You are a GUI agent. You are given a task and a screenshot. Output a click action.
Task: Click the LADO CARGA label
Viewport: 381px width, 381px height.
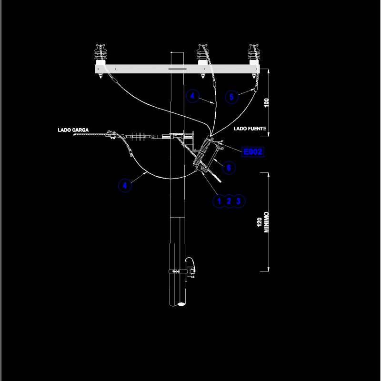click(73, 130)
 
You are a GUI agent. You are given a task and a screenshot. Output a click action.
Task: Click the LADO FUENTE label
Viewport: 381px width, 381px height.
click(250, 129)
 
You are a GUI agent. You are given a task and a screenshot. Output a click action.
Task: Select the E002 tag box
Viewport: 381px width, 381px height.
click(252, 152)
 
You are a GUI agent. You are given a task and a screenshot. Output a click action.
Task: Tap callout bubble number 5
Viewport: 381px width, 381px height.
click(231, 97)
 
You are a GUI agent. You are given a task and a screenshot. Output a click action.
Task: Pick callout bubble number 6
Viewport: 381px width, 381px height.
click(229, 168)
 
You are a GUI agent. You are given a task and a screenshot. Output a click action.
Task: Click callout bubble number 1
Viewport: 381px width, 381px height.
click(219, 201)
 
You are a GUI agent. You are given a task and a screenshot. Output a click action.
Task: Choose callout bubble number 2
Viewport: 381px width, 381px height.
click(229, 201)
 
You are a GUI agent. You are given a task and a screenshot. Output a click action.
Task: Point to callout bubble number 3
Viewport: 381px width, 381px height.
click(239, 201)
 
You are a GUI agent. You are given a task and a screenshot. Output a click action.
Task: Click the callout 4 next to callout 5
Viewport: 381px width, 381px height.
click(192, 96)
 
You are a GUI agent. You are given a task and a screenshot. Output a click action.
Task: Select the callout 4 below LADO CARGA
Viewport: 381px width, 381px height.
click(125, 185)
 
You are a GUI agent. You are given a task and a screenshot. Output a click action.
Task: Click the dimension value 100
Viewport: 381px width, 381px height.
click(267, 102)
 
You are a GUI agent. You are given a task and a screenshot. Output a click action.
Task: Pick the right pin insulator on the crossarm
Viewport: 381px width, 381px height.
click(253, 53)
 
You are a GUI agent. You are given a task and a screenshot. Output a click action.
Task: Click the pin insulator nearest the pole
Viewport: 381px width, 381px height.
click(203, 53)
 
